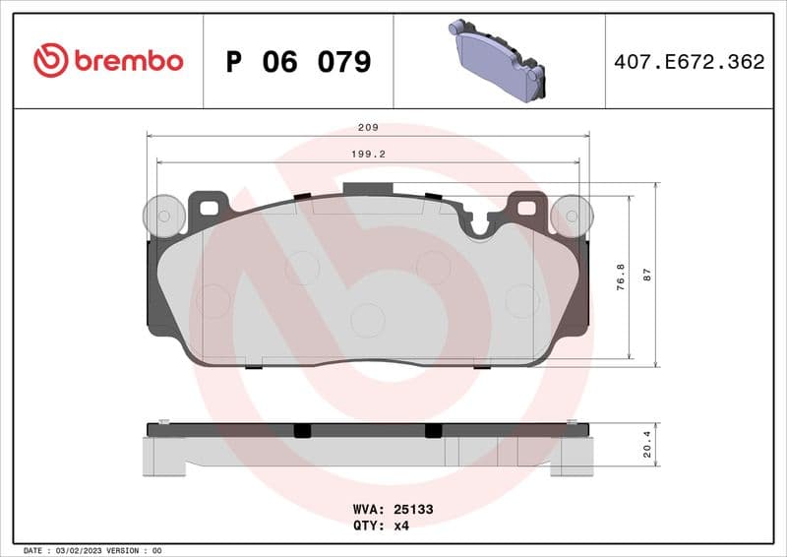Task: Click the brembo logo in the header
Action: tap(108, 61)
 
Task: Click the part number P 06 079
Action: tap(298, 62)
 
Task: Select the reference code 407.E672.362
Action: tap(689, 62)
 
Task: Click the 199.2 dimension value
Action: tap(368, 155)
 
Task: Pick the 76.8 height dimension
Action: tap(620, 277)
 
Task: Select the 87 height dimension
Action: tap(647, 276)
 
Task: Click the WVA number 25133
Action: tap(413, 510)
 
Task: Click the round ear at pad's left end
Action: tap(163, 216)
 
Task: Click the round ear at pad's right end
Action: tap(572, 216)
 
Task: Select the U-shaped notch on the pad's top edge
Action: tap(481, 225)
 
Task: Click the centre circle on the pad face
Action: tap(367, 319)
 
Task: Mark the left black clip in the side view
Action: tap(302, 430)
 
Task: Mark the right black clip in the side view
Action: tap(433, 430)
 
